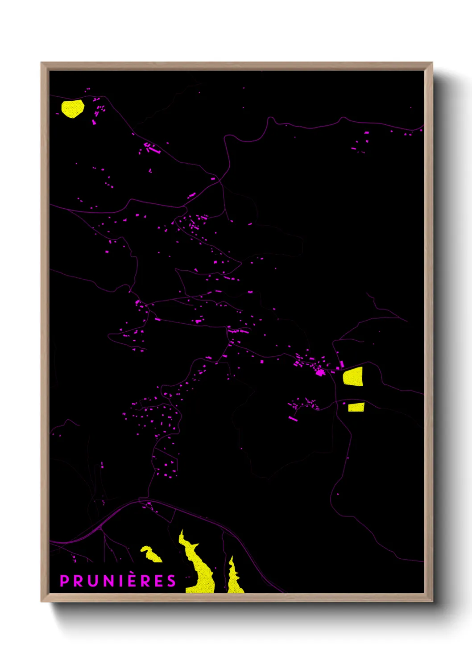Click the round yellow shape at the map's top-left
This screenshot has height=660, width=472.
tap(72, 108)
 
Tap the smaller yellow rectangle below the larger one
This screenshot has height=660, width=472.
tap(356, 407)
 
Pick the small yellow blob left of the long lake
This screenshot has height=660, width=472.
tap(151, 554)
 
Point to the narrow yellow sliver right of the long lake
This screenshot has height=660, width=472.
tap(233, 577)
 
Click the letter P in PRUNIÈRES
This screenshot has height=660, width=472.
tap(64, 581)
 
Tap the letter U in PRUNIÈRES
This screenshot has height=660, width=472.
tap(91, 581)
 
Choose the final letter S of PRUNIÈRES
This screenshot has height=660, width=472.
tap(171, 581)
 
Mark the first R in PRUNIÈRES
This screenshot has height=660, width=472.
tap(77, 581)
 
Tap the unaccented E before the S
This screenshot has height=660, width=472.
tap(158, 581)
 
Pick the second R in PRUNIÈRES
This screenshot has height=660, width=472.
tap(144, 581)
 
